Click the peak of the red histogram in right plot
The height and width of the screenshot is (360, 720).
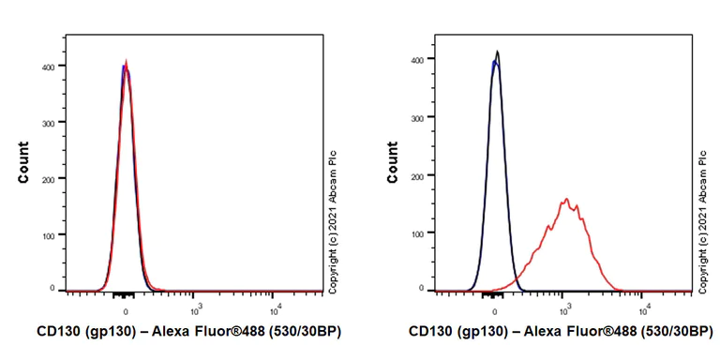[x=566, y=199]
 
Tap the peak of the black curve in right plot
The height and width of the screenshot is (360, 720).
[x=498, y=52]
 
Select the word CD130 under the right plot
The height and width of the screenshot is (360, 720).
[x=430, y=332]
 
